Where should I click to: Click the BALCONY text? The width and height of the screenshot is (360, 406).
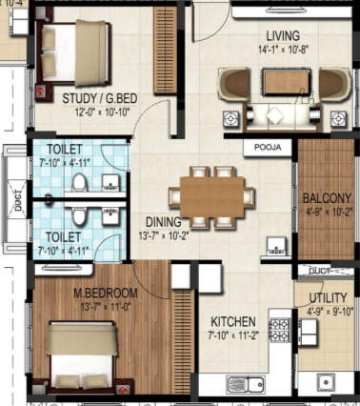pyautogui.click(x=327, y=198)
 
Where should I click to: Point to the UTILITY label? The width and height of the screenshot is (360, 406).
pyautogui.click(x=326, y=296)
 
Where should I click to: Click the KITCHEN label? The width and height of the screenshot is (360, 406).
pyautogui.click(x=231, y=321)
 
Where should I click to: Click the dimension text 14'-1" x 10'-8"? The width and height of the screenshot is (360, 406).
pyautogui.click(x=281, y=49)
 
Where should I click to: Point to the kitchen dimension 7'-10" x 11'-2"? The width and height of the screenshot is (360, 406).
pyautogui.click(x=231, y=335)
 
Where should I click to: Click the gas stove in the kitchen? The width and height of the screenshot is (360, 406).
pyautogui.click(x=281, y=330)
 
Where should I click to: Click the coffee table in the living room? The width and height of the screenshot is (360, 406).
pyautogui.click(x=282, y=83)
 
